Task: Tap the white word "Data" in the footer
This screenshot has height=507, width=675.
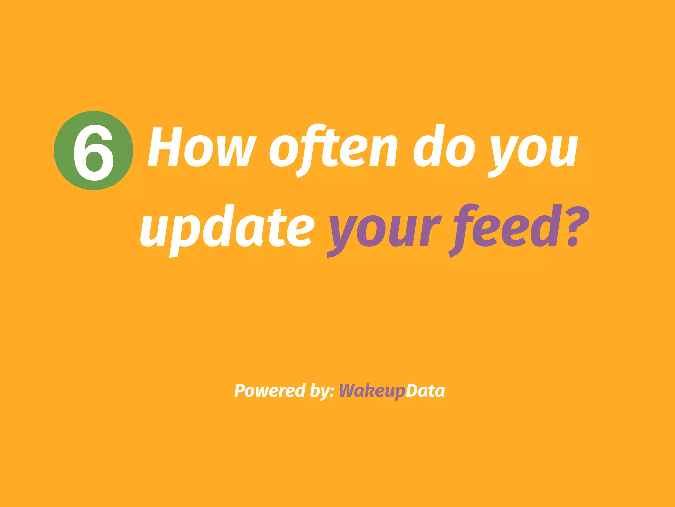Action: point(425,391)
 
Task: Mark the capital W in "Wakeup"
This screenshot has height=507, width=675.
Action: point(349,391)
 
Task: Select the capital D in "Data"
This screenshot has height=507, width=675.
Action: point(412,391)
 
